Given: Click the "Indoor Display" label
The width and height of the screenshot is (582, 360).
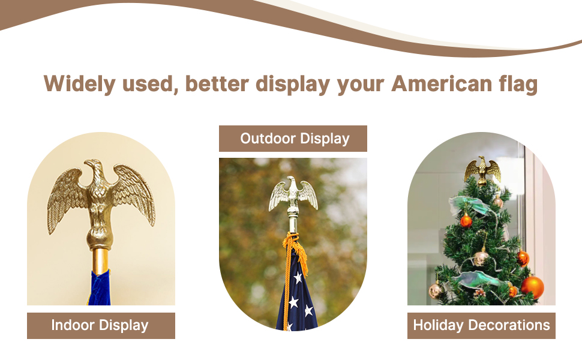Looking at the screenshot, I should [100, 326].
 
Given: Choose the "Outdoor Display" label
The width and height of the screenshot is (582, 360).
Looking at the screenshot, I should [294, 139].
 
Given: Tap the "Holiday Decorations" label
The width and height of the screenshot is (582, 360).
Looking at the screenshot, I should [481, 326].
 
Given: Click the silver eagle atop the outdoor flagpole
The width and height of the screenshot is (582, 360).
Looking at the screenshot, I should [292, 195].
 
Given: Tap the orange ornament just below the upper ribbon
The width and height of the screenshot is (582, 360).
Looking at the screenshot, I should [466, 221].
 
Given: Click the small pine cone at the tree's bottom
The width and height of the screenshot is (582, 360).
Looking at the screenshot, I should [479, 293].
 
